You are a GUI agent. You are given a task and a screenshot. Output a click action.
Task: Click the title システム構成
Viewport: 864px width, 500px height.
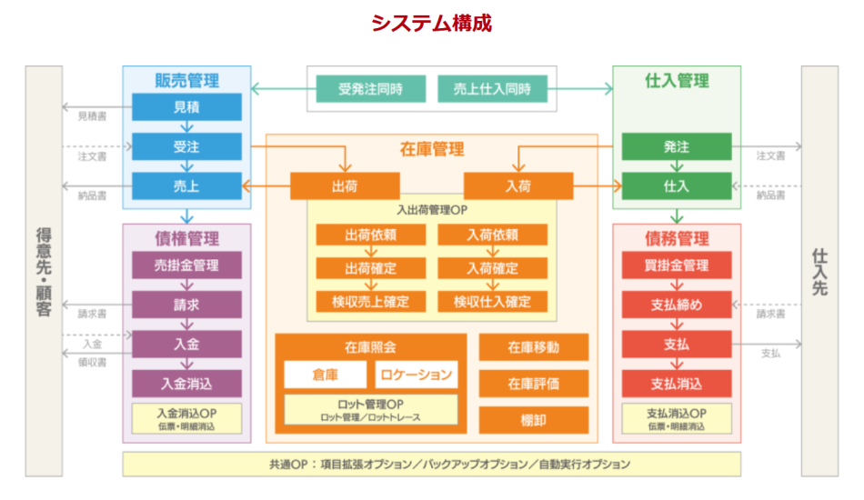coord(431,23)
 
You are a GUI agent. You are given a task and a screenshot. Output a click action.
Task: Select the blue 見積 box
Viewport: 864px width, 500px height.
coord(186,107)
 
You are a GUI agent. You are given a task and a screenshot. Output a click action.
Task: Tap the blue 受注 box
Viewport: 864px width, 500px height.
coord(186,146)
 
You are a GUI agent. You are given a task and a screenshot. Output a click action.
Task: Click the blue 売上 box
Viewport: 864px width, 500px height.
coord(186,185)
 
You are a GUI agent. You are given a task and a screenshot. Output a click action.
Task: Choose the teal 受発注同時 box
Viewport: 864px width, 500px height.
coord(370,89)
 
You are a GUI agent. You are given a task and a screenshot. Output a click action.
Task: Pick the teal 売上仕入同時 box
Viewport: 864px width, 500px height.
coord(492,89)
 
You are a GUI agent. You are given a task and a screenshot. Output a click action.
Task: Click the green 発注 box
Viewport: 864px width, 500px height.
coord(677,146)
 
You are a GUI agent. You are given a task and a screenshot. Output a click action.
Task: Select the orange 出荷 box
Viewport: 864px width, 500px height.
coord(345,185)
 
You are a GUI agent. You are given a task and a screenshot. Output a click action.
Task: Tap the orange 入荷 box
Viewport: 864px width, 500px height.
coord(518,185)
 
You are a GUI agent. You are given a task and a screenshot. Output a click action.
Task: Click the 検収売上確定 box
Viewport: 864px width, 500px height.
coord(370,301)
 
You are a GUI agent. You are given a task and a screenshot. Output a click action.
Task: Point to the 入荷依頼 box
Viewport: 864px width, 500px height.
coord(492,235)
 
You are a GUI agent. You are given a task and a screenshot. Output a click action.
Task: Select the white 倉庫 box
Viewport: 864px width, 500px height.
coord(326,375)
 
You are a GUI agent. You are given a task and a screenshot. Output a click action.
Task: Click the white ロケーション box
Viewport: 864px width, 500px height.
coord(416,375)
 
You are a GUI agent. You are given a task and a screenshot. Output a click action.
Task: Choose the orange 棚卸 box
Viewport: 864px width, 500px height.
coord(534,419)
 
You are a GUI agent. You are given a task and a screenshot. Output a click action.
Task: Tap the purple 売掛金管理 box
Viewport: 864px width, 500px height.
coord(186,265)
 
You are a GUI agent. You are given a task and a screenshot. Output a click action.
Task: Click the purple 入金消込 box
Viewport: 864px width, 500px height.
coord(186,383)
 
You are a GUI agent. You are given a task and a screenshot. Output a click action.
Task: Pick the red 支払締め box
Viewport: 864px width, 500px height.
coord(677,305)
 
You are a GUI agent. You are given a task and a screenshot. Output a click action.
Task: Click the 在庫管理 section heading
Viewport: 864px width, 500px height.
coord(431,149)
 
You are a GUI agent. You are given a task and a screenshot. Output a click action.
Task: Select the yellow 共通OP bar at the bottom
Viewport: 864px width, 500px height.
coord(431,464)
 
